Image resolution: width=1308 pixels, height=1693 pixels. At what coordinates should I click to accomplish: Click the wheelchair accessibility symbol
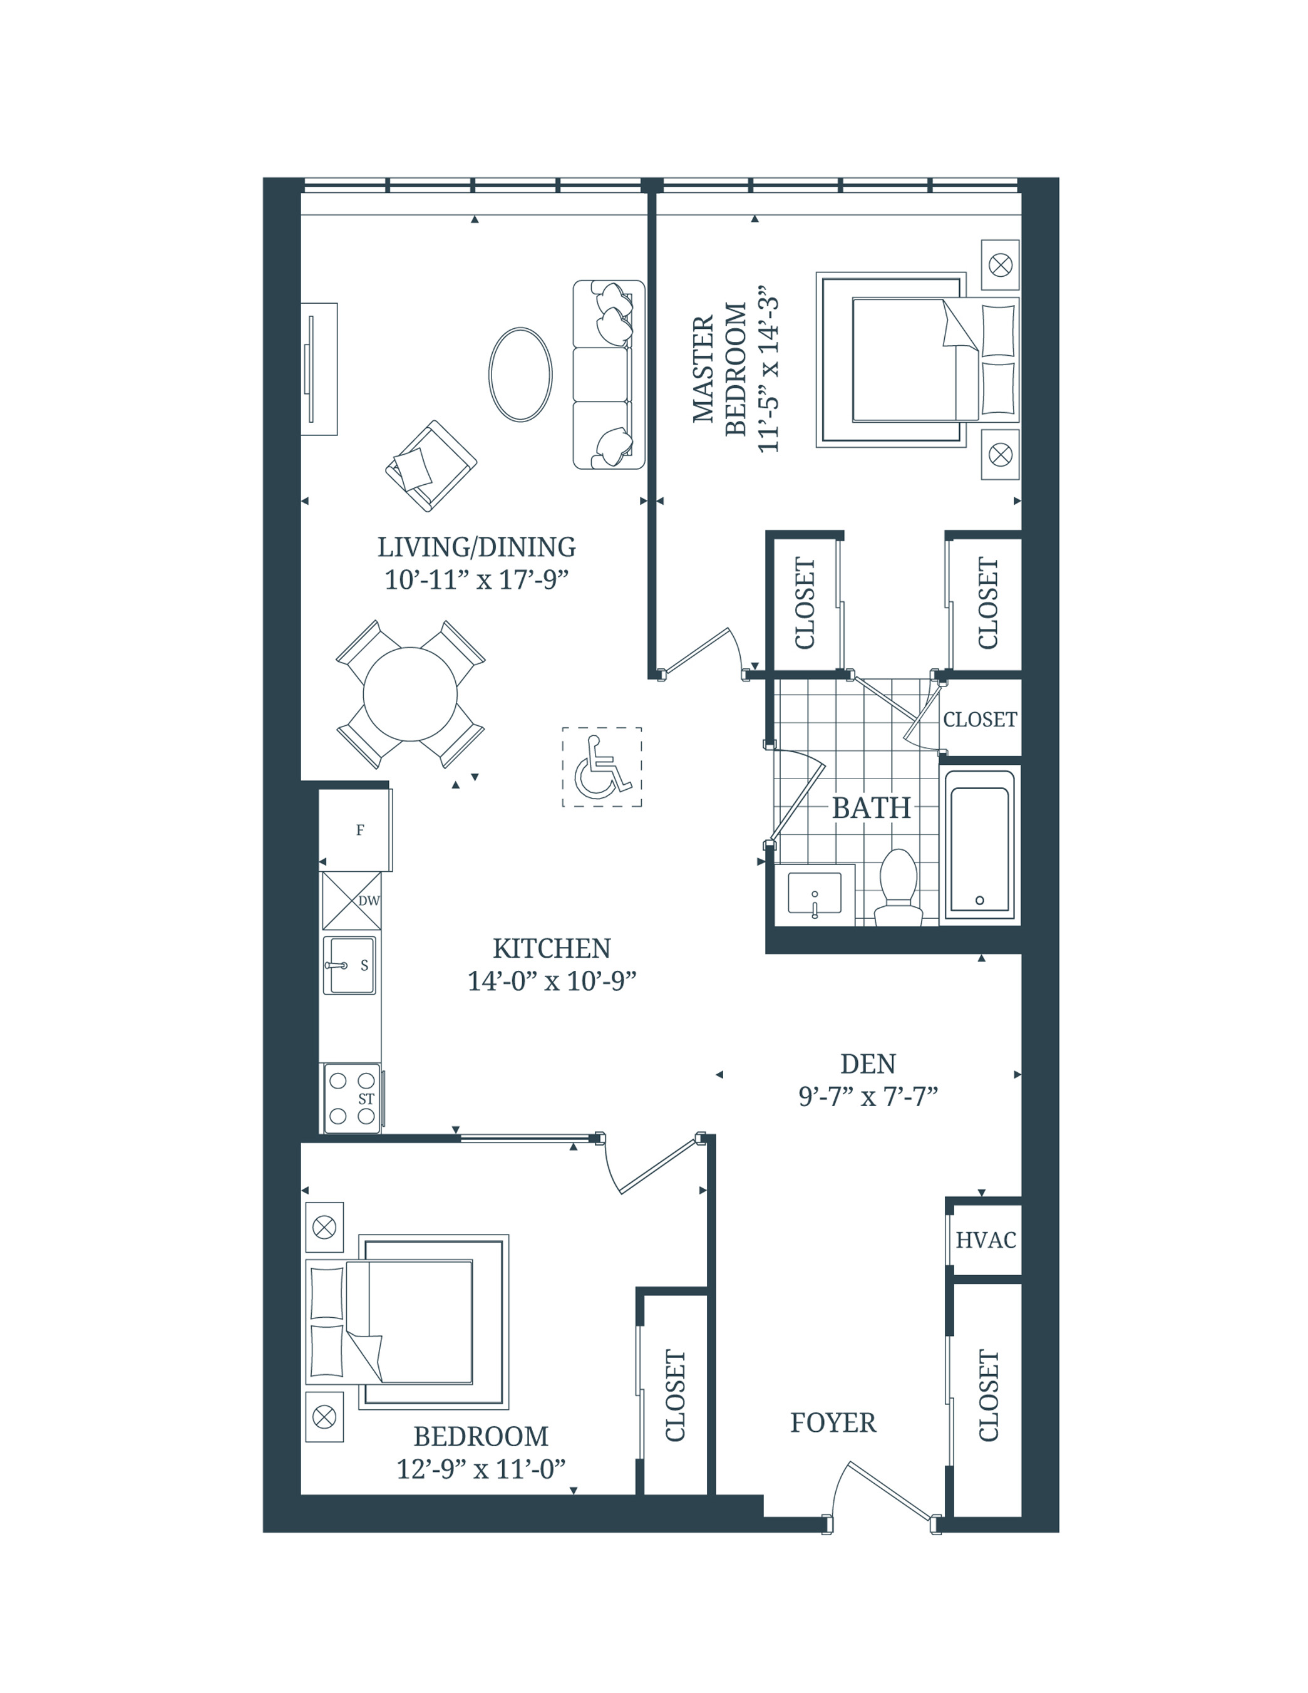coord(601,767)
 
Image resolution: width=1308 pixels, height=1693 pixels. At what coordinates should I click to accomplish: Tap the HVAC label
coord(985,1240)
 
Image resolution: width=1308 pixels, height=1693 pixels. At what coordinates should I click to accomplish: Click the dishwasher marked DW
coord(353,901)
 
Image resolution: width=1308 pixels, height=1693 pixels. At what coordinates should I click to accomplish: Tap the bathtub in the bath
coord(979,846)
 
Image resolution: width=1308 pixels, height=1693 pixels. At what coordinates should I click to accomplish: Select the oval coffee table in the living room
coord(520,375)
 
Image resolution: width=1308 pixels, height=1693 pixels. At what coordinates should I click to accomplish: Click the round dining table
coord(410,694)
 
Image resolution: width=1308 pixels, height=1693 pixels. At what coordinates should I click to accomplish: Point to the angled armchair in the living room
coord(431,466)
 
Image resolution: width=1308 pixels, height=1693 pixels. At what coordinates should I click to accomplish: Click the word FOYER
coord(833,1422)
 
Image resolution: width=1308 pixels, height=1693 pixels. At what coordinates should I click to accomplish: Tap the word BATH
coord(871,808)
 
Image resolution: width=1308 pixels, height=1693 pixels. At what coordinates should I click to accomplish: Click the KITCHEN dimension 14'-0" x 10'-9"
coord(551,981)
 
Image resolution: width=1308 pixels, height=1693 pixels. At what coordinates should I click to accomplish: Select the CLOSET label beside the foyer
coord(988,1395)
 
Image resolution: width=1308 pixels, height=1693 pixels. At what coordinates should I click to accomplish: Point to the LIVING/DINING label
coord(476,547)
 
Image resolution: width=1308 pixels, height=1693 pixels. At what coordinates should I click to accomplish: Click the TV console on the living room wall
coord(319,369)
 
